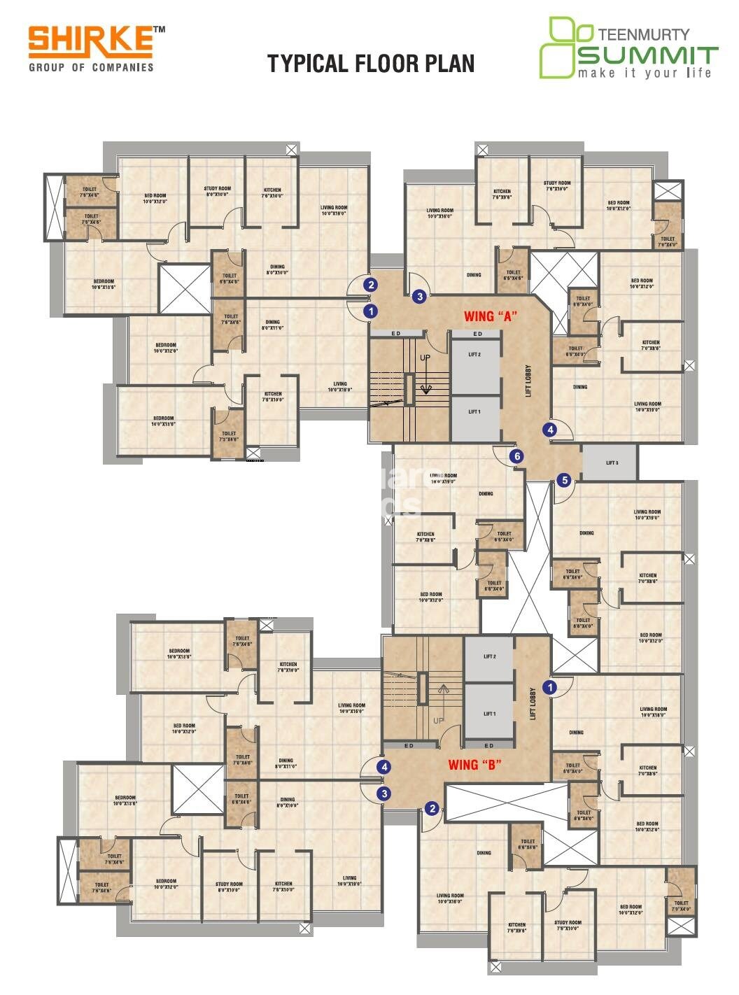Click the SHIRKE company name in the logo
pos(90,41)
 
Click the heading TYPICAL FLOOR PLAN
pos(371,64)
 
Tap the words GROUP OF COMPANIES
pos(91,67)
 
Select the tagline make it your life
pos(644,73)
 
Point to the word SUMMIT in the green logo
pos(648,55)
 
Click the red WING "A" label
pos(490,316)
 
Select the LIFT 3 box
pos(610,463)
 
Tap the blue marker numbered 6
pos(517,456)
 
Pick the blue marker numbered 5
pos(564,480)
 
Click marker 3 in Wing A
pos(419,296)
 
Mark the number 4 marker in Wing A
pos(551,430)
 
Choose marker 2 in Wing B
pos(432,809)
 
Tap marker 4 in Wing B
pos(383,767)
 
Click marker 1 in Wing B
pos(551,688)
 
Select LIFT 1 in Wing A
pos(475,412)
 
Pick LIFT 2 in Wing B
pos(489,657)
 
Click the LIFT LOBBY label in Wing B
pos(533,704)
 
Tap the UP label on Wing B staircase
pos(438,721)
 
